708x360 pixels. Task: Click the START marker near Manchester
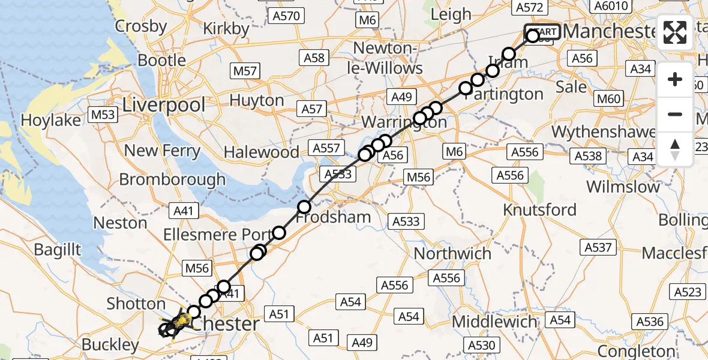click(x=542, y=32)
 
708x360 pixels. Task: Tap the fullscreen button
click(x=675, y=32)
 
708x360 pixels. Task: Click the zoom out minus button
click(x=675, y=114)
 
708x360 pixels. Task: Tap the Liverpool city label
click(x=164, y=105)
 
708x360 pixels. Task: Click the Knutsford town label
click(x=539, y=210)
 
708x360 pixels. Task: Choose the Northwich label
click(x=452, y=253)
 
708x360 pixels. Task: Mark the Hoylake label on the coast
click(x=50, y=121)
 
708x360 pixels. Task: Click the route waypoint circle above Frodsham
click(x=304, y=207)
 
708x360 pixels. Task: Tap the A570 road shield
click(x=286, y=16)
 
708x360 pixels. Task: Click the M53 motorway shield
click(x=103, y=114)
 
